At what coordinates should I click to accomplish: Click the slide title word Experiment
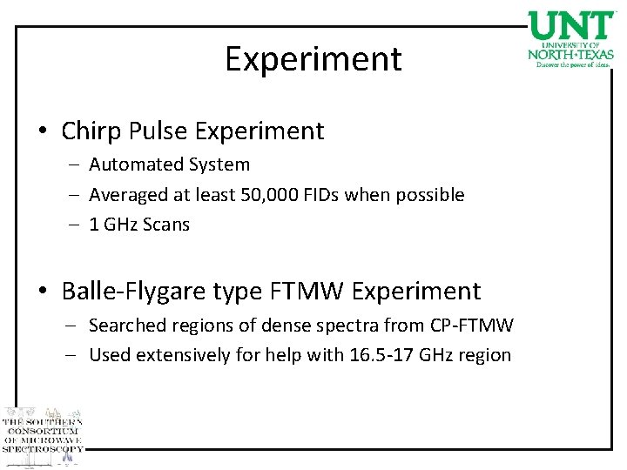pos(313,59)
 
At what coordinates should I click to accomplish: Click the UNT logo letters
pos(571,26)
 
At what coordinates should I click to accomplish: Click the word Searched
pos(127,326)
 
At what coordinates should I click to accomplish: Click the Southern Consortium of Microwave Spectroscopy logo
pos(42,433)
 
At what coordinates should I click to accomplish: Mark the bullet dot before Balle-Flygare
pos(42,291)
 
